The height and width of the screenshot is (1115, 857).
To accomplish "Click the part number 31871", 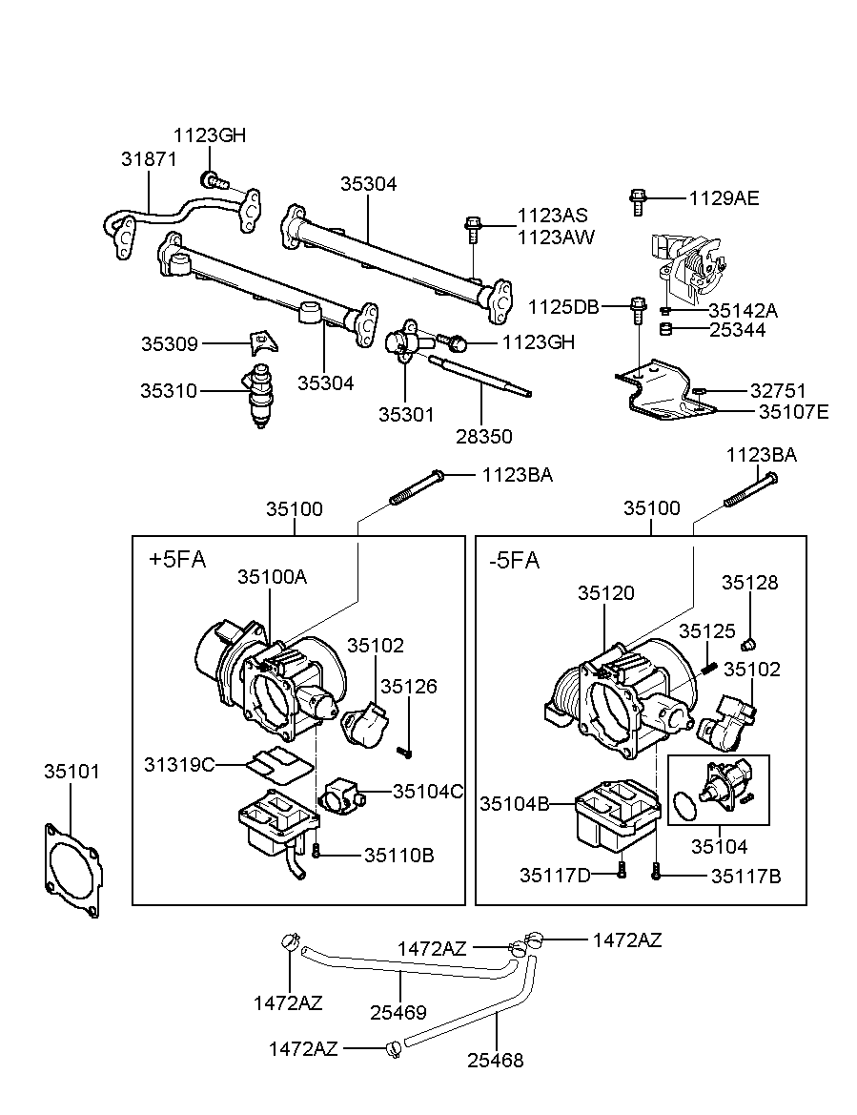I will pos(148,159).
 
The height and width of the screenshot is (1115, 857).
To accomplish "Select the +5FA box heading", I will pos(177,560).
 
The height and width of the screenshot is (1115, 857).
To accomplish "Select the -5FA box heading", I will pos(514,560).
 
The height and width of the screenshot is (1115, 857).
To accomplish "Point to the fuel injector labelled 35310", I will pos(262,393).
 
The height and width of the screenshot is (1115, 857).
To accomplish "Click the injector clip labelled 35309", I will pos(260,341).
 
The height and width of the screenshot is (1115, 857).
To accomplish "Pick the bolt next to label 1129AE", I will pos(638,200).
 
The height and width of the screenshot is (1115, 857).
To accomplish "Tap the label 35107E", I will pos(793,411).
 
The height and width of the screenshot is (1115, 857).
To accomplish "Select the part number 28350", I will pos(483,437).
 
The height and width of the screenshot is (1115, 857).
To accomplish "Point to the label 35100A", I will pos(272,577).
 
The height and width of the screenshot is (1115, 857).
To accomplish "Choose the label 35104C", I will pos(428,790).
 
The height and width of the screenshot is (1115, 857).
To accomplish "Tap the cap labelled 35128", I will pos(749,642).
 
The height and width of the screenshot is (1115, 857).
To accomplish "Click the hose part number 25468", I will pos(495,1060).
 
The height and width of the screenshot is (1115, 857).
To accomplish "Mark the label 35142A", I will pos(743,310).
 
